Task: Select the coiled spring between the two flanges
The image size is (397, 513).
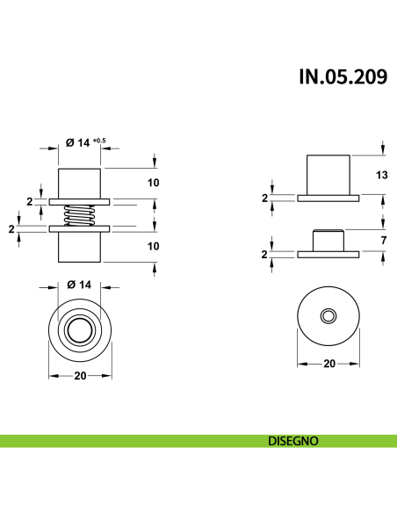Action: [80, 215]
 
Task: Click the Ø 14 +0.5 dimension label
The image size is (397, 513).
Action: [85, 142]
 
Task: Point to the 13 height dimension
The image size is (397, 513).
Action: [381, 176]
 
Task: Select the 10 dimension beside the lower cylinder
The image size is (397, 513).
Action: [153, 247]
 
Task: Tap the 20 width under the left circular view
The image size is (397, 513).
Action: [80, 376]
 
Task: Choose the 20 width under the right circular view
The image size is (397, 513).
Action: [328, 362]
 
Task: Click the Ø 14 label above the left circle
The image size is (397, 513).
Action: [80, 285]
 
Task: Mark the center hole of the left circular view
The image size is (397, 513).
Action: [80, 331]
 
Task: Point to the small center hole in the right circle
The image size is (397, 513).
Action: [328, 314]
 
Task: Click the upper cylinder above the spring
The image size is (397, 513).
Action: [80, 183]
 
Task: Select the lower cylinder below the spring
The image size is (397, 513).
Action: [80, 247]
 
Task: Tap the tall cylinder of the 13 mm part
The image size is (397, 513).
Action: [328, 174]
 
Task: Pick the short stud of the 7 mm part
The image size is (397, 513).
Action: [328, 240]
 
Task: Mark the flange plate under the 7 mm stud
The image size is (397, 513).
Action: [328, 255]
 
